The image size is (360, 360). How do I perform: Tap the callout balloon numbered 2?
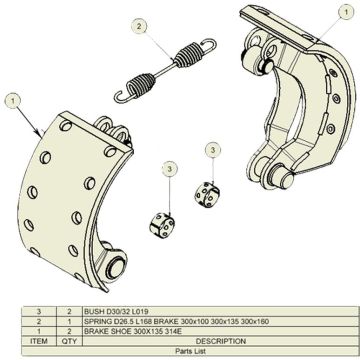[x=139, y=26]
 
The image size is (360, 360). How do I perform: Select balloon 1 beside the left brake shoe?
[x=12, y=100]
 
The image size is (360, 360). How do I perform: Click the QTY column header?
[x=69, y=341]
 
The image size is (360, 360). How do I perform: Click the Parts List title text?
[x=179, y=351]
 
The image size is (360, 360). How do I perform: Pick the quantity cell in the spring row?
[x=69, y=322]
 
